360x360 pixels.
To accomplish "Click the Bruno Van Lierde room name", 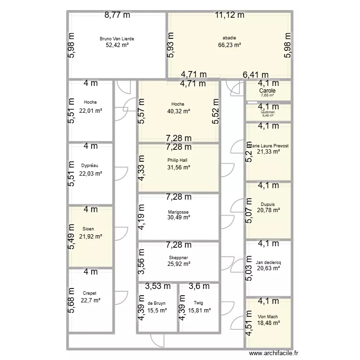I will (x=117, y=38).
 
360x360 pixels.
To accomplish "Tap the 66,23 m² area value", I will (x=229, y=45).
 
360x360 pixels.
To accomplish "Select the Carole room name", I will (x=267, y=91).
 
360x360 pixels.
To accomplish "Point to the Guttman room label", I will (x=267, y=111).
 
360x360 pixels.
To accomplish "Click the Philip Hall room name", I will (x=178, y=160).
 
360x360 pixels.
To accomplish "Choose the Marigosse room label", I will (x=178, y=211).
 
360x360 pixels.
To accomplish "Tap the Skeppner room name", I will (x=178, y=258).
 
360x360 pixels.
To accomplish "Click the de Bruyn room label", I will (x=157, y=303).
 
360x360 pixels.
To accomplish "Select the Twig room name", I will (x=199, y=303).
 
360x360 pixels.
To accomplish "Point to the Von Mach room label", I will (x=268, y=317).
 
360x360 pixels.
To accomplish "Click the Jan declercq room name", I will (x=268, y=263).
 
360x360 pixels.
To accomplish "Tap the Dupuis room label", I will (x=268, y=204).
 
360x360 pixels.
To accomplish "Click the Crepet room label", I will (x=90, y=293).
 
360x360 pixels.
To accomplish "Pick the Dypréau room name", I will (x=90, y=166).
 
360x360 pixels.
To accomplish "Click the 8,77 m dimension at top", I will (x=117, y=15).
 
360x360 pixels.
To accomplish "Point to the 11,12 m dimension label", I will (x=229, y=15).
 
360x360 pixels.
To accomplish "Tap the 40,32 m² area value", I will (x=178, y=111).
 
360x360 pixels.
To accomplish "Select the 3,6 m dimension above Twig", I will (x=199, y=287).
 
